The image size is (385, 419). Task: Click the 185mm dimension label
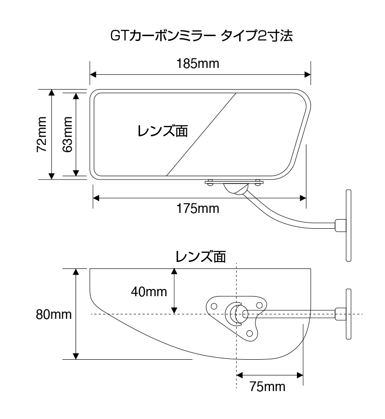coord(198,64)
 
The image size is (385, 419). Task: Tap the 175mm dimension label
coord(198,209)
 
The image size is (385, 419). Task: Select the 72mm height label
coord(42,134)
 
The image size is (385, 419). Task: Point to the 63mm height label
coord(67,134)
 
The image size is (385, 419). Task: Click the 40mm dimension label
coord(149,291)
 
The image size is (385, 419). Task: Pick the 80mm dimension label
coord(54,314)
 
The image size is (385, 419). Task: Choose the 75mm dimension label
coord(268,387)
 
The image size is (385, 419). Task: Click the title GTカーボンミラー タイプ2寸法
coord(202,36)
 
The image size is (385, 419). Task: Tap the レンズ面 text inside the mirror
coord(163,131)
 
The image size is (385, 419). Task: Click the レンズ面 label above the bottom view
coord(201,257)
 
